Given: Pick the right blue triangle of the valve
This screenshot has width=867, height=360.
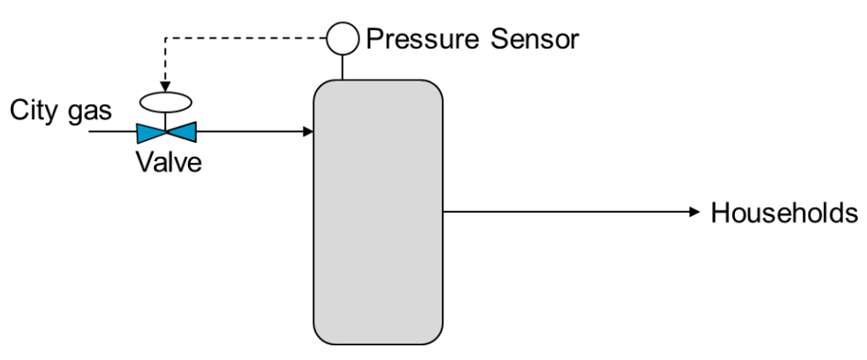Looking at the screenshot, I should (182, 132).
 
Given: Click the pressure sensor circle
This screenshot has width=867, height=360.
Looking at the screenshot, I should (343, 39).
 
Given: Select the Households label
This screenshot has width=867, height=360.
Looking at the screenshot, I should (784, 213).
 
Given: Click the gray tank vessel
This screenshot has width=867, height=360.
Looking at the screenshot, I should (379, 211).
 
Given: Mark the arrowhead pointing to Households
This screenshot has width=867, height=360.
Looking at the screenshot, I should (695, 212).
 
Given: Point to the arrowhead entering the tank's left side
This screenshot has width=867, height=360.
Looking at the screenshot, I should (308, 132).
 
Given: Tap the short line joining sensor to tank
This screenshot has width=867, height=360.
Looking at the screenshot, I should (343, 66).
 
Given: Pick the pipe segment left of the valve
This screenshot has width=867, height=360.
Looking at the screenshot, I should (110, 132).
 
